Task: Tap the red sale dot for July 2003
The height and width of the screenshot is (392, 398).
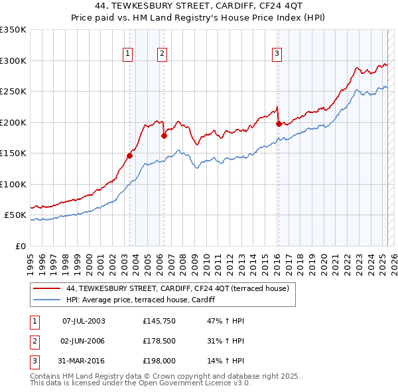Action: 130,155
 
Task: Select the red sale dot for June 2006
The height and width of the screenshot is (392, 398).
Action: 164,136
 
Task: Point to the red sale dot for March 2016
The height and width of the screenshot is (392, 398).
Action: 279,124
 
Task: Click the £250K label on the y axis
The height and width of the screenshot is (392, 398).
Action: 13,92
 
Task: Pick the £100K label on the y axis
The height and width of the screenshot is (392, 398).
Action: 13,184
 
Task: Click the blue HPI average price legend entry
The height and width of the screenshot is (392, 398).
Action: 149,300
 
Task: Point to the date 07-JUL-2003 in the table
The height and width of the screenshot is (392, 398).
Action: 84,321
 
